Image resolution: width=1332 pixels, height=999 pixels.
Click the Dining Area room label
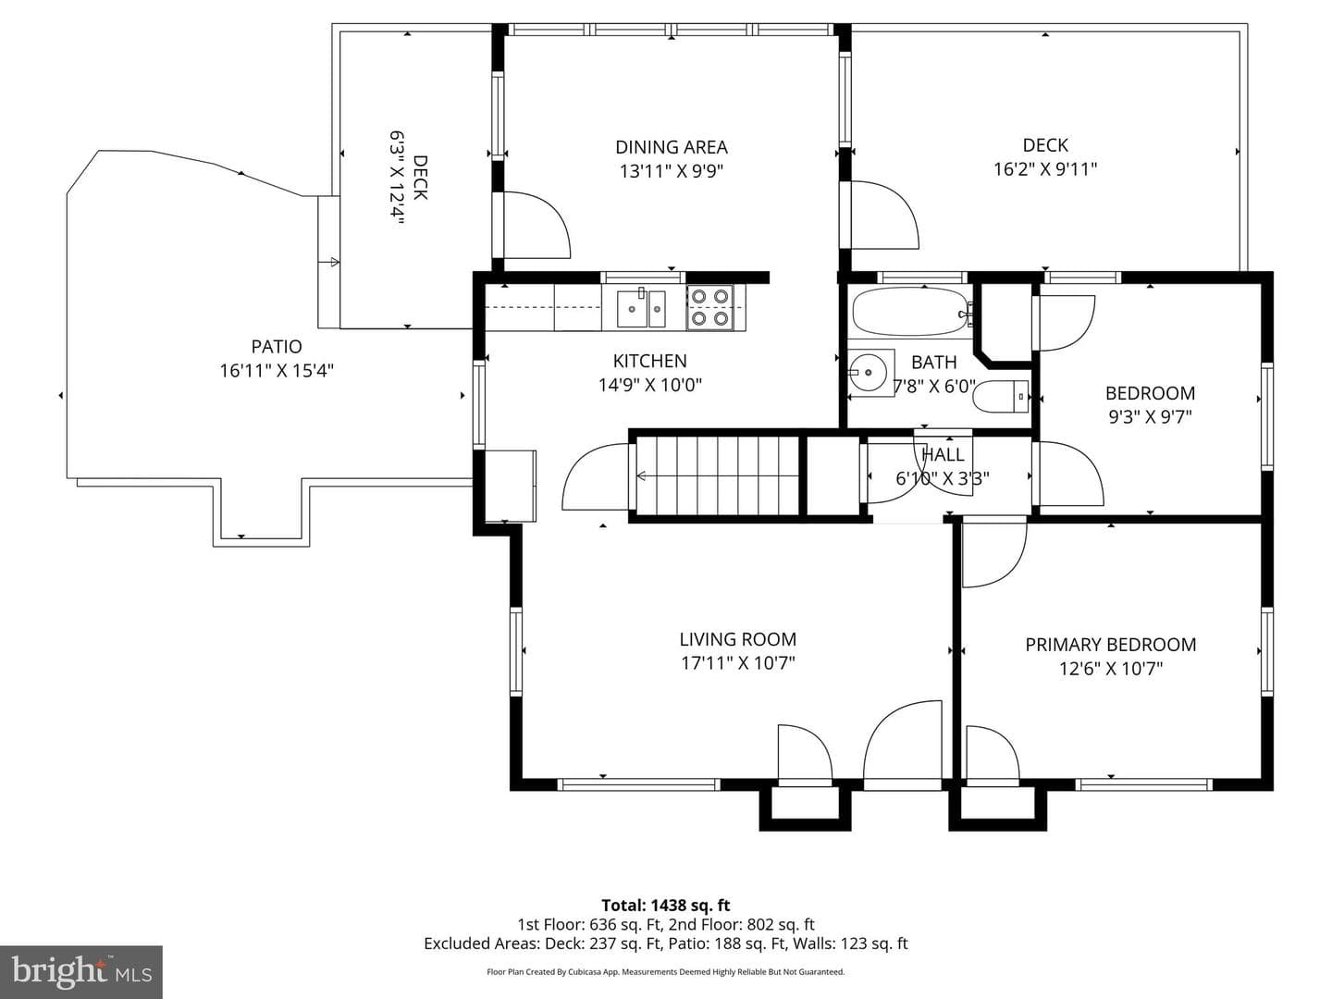click(672, 147)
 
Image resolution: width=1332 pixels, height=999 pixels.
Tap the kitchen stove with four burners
click(710, 307)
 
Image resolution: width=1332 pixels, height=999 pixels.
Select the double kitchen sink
click(641, 309)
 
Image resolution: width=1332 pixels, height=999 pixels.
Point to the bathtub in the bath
click(910, 312)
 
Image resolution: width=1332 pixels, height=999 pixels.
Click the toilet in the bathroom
click(1000, 397)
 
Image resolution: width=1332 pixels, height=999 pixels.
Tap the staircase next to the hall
click(717, 476)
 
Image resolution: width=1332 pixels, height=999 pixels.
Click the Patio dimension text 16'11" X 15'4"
click(277, 371)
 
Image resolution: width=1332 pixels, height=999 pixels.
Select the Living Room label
click(738, 639)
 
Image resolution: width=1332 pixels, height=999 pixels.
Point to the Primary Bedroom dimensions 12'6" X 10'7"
click(1111, 669)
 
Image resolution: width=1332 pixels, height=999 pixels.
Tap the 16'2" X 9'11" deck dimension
click(1045, 168)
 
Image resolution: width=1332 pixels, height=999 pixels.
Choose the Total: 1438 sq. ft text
click(666, 906)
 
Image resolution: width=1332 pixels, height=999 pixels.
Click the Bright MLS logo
click(81, 972)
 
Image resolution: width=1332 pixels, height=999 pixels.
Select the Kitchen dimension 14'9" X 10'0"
click(650, 385)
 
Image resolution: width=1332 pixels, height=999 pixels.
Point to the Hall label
click(943, 455)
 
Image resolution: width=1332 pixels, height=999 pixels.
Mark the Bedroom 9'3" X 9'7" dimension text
click(1150, 417)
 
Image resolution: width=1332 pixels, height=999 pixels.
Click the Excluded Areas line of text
click(666, 943)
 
